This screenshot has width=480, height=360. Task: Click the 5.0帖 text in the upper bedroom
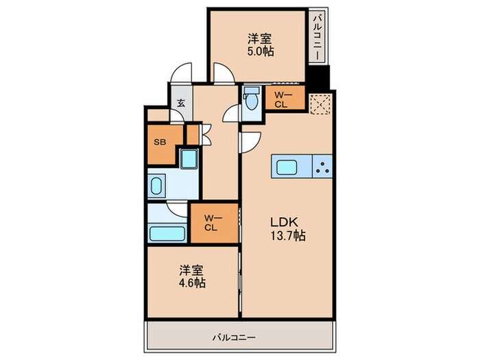pos(258,51)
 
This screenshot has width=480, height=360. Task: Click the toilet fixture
pos(251,100)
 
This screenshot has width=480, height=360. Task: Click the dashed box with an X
pos(319,103)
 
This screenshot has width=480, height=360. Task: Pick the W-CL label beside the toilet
pos(280,100)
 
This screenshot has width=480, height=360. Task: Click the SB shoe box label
pos(159,143)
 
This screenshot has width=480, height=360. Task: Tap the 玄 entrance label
pos(181,104)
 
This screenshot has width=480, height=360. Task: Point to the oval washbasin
pos(157,186)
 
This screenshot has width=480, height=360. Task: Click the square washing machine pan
pos(188,159)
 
